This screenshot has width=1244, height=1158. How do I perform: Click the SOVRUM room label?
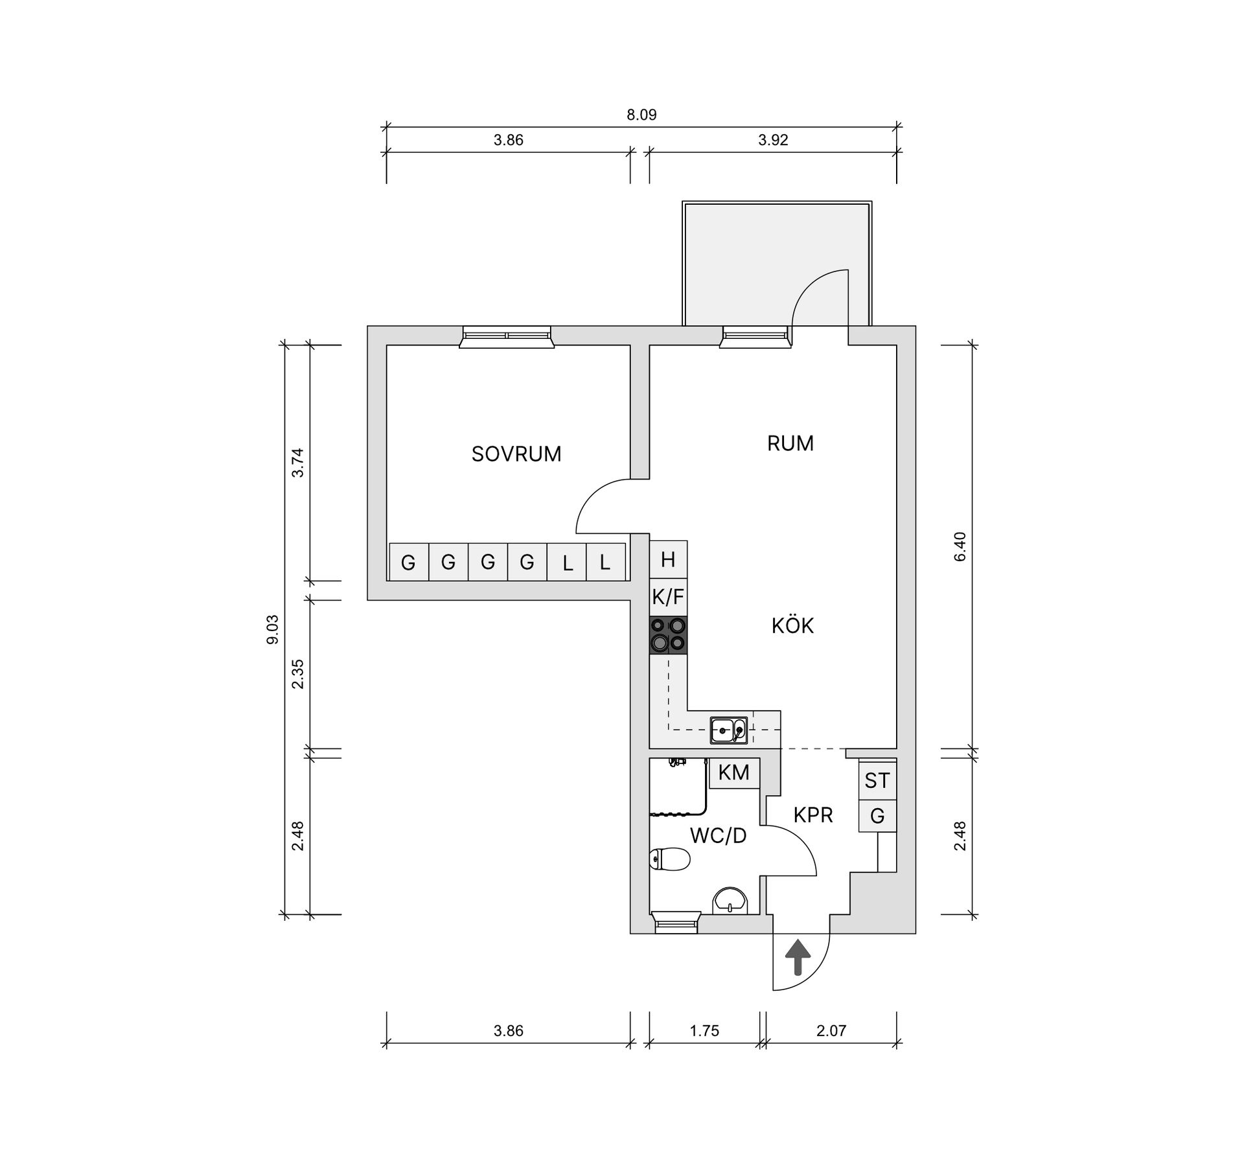click(x=516, y=454)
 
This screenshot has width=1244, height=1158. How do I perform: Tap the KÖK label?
click(x=792, y=626)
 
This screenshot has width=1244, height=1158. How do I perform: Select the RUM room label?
click(x=790, y=444)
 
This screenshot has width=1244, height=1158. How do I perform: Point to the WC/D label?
click(x=718, y=836)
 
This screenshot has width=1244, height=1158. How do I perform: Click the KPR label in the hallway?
click(x=813, y=815)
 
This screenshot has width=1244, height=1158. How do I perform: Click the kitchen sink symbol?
click(x=729, y=730)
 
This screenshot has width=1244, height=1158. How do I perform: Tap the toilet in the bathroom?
click(x=670, y=860)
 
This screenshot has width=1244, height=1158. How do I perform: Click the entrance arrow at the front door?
click(x=798, y=958)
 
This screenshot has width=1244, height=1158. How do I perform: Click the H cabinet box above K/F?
click(x=668, y=559)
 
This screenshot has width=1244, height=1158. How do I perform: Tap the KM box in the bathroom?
click(x=734, y=772)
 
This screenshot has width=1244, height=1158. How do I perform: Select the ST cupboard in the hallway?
click(x=877, y=781)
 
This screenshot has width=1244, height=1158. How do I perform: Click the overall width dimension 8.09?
click(x=641, y=115)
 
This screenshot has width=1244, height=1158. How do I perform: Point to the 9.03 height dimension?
click(x=273, y=629)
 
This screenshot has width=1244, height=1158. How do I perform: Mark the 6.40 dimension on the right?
click(x=960, y=546)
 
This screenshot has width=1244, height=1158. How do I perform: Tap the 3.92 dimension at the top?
click(x=773, y=141)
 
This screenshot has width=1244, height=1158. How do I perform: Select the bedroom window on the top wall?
click(x=507, y=337)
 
